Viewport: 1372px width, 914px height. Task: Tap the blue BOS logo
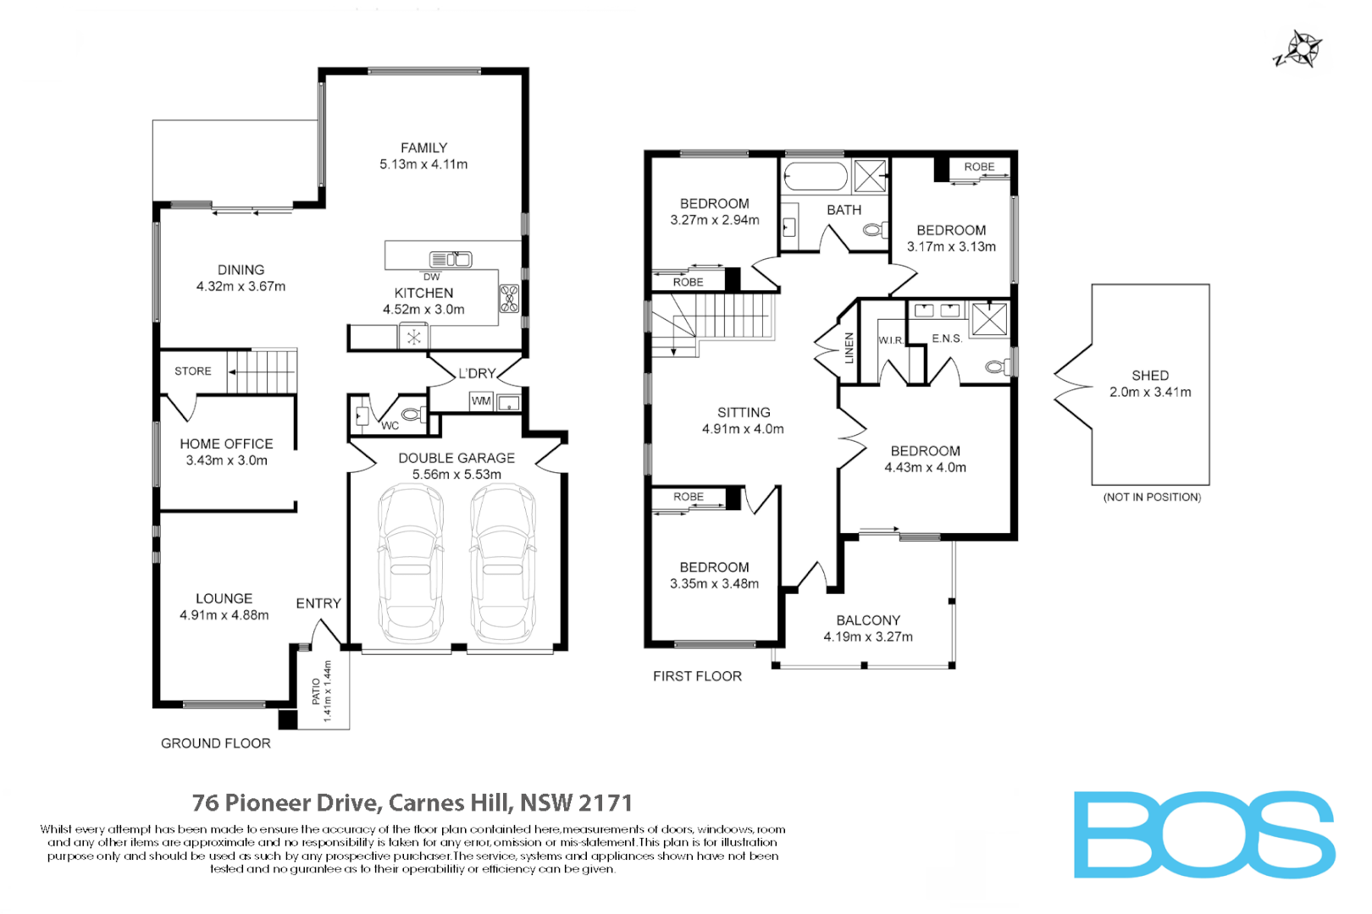coord(1203,834)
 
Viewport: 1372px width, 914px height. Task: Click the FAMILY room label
coord(423,148)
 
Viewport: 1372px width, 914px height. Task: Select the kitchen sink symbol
coord(451,260)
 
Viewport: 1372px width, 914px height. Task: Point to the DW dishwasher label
coord(432,277)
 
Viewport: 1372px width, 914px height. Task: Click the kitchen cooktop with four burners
coord(509,299)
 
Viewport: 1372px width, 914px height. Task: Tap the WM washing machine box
coord(481,401)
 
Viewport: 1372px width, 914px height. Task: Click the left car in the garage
coord(411,563)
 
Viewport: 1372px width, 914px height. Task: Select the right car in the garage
coord(503,563)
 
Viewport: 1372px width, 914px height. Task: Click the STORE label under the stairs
coord(193,372)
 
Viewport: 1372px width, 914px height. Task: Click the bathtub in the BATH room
coord(815,178)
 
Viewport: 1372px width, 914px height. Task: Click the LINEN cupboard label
coord(849,348)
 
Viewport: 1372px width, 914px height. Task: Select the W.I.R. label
coord(890,340)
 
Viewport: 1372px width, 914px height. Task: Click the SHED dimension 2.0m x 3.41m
coord(1150,393)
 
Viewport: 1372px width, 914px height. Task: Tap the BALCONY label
coord(868,620)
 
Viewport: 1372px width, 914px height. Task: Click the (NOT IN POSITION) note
coord(1152,498)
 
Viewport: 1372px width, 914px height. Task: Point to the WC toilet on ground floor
coord(412,415)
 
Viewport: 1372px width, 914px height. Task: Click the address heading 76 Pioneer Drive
coord(412,802)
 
